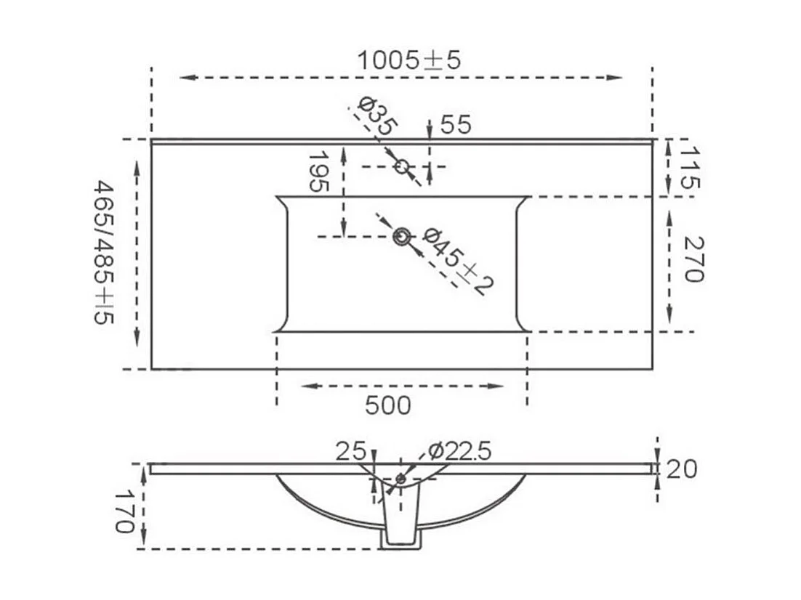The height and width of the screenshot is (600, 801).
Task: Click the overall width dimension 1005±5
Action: coord(408,60)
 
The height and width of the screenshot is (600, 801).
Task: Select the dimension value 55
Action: coord(456,125)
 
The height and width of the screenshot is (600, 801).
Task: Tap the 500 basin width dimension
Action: coord(389,405)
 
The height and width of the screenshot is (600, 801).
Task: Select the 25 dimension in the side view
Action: coord(350,451)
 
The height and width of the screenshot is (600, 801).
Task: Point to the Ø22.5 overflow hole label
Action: coord(460,451)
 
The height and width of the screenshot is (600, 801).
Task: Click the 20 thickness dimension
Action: coord(681,469)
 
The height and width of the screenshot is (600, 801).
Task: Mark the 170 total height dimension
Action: coord(126,511)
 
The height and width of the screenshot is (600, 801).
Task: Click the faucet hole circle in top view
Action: coord(402,166)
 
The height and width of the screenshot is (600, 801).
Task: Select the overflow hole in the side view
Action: coord(400,479)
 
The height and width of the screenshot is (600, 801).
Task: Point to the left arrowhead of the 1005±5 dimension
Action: coord(184,77)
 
